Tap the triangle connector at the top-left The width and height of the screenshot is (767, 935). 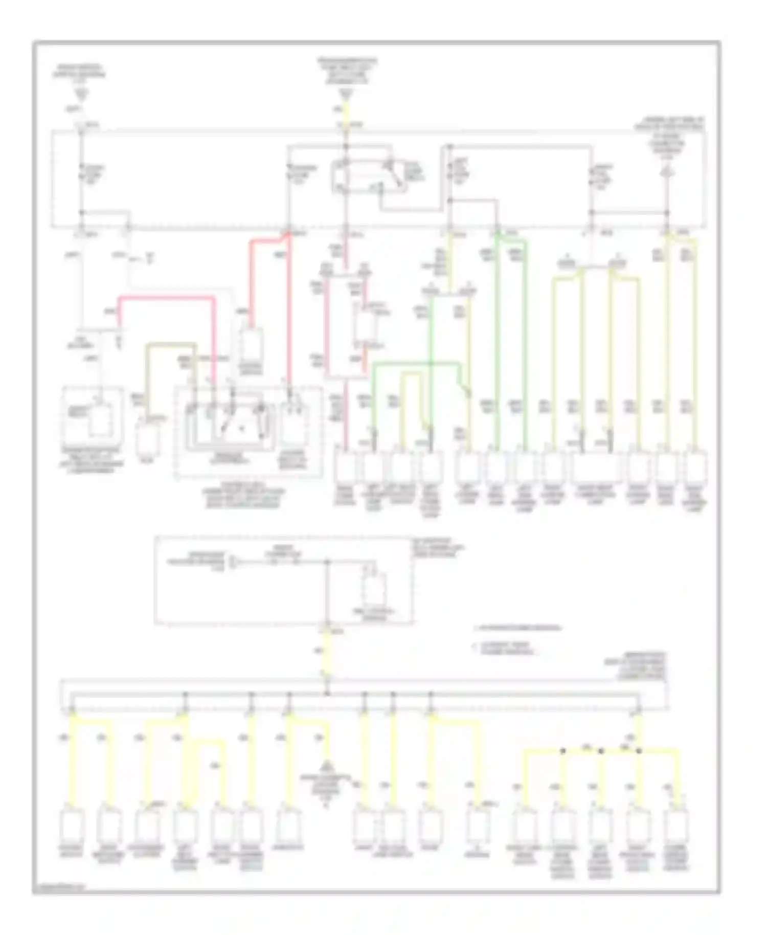(81, 94)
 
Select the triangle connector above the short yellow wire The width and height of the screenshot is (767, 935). (346, 94)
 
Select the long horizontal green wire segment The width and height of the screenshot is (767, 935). (414, 364)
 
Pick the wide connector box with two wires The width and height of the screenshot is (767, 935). (596, 467)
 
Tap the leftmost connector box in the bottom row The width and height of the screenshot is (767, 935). (71, 825)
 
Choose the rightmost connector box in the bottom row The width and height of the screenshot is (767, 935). (679, 825)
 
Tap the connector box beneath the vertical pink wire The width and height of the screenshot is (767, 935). (345, 467)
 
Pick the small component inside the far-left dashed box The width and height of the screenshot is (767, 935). (100, 420)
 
